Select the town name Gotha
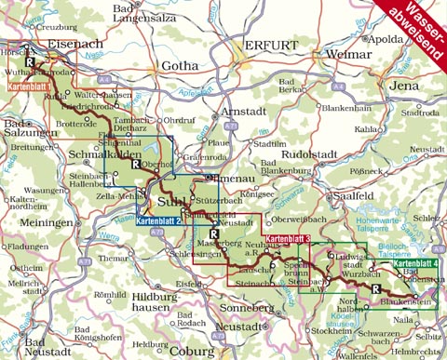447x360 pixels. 180,66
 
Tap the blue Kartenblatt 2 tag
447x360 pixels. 157,220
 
